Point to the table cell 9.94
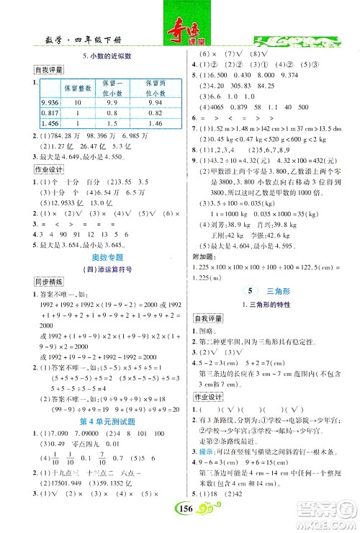155,102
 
